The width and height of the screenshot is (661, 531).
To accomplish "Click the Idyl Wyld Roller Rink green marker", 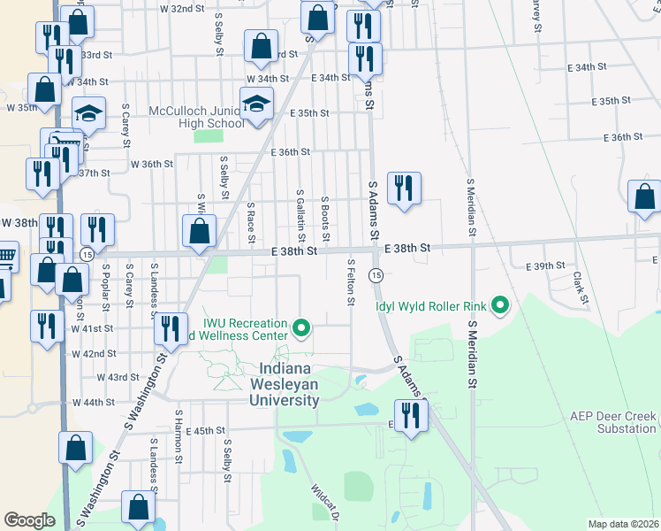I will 500,306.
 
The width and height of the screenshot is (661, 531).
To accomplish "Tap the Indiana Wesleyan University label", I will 289,384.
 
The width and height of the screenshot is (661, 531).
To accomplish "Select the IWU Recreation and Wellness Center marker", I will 302,330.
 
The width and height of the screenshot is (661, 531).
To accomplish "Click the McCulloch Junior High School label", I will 185,117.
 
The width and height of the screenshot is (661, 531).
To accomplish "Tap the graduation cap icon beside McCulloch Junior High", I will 256,104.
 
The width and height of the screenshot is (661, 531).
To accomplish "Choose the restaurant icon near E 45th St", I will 409,414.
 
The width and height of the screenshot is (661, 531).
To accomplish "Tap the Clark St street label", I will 580,287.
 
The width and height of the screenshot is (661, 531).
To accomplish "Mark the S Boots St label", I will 325,219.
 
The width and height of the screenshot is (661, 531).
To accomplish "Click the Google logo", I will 29,520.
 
